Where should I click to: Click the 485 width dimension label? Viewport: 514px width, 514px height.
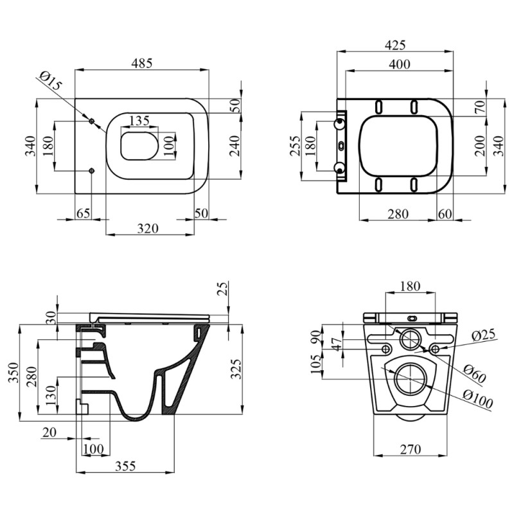click(x=141, y=63)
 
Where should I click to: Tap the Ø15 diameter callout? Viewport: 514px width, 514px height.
click(x=51, y=80)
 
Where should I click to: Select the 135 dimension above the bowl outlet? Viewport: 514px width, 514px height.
click(x=139, y=121)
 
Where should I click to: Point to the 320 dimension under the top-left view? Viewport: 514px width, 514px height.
click(x=148, y=228)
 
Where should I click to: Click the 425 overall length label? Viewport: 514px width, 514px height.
click(x=395, y=45)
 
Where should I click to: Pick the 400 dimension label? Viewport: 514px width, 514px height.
click(x=399, y=64)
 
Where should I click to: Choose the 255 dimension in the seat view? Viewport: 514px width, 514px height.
click(x=296, y=146)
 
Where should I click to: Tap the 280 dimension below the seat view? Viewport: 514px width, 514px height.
click(x=398, y=214)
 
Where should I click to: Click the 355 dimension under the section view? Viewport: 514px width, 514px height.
click(x=125, y=466)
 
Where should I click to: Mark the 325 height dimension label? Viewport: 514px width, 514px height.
click(x=236, y=369)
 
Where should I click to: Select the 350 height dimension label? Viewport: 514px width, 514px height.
click(x=13, y=373)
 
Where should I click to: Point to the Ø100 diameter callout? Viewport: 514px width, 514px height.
click(x=477, y=399)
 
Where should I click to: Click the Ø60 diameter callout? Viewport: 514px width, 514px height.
click(x=475, y=373)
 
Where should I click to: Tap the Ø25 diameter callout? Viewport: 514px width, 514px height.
click(x=483, y=335)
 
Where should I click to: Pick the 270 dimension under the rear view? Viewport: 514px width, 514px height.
click(x=411, y=449)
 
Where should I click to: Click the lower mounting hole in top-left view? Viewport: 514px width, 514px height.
click(x=91, y=170)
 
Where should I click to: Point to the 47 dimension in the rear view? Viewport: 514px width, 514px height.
click(x=338, y=344)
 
